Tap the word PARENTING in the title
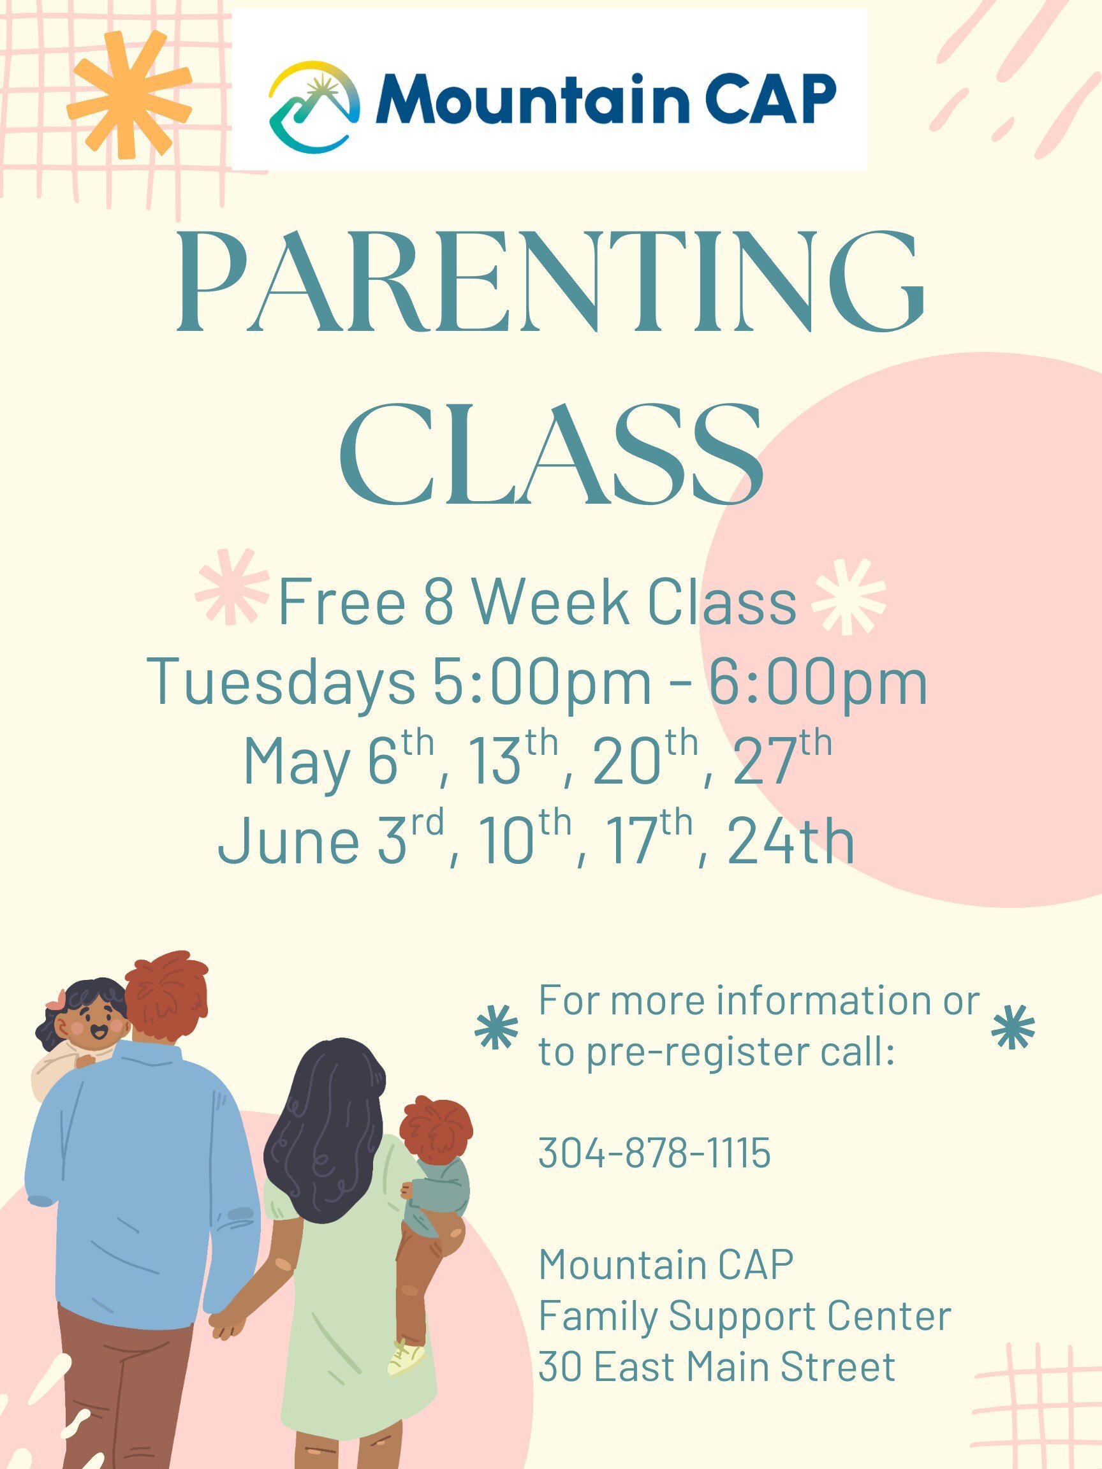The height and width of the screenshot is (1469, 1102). tap(550, 282)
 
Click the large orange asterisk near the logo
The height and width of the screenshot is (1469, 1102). tap(129, 94)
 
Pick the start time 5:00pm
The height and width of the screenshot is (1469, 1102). tap(542, 682)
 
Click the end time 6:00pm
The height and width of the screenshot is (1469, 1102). tap(818, 682)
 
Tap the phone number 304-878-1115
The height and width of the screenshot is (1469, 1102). tap(654, 1152)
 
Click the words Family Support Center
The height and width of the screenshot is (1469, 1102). tap(745, 1316)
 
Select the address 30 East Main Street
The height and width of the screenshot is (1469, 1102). tap(717, 1367)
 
